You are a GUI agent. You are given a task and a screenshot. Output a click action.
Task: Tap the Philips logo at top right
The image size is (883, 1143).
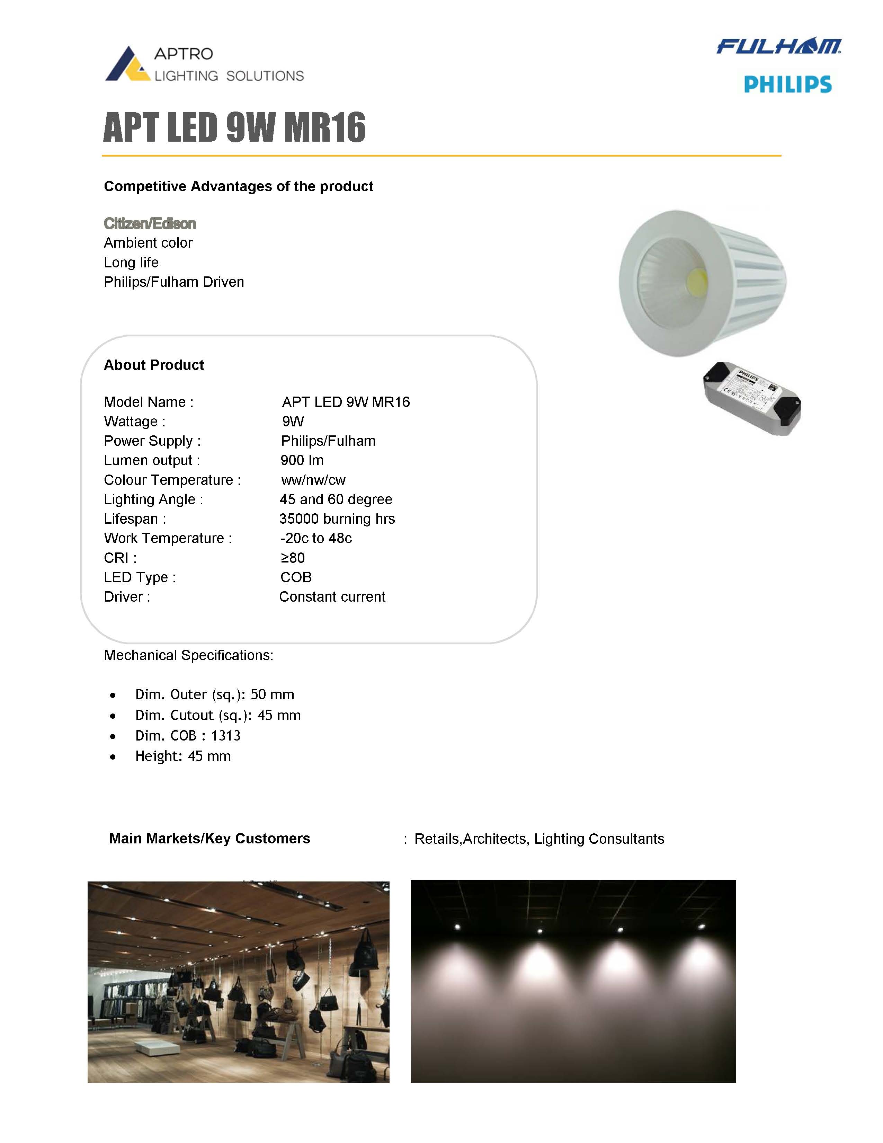point(787,84)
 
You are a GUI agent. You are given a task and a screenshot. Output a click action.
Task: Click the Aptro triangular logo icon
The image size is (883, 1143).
point(127,65)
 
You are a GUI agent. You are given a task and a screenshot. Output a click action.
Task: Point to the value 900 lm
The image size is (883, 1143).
point(302,461)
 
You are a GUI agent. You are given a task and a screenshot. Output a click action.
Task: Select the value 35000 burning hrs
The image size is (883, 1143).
point(337,519)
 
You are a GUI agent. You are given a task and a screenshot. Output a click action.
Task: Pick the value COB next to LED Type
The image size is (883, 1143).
point(296,577)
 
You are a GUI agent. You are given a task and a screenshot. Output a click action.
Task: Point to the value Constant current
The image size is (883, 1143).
point(332,597)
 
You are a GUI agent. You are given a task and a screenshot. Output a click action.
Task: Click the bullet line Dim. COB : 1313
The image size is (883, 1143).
point(188,736)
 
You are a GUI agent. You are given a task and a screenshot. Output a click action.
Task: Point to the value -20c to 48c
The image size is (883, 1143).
point(316,539)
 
